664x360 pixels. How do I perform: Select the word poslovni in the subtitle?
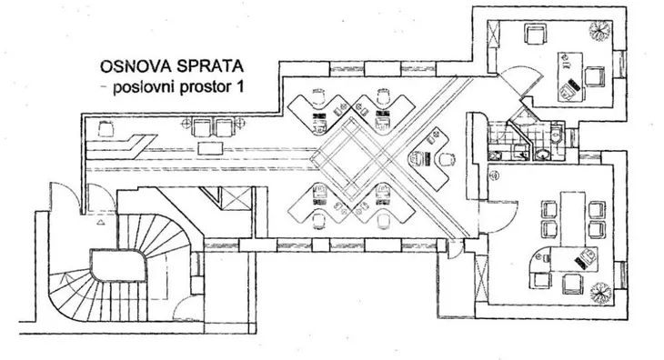pos(144,87)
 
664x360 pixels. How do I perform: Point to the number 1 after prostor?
pos(240,86)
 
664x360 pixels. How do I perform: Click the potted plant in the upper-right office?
pos(599,31)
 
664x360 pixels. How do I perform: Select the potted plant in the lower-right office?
pos(600,293)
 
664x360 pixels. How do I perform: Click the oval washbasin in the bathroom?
pos(541,154)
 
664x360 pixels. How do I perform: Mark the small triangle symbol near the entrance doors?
pos(101,222)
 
